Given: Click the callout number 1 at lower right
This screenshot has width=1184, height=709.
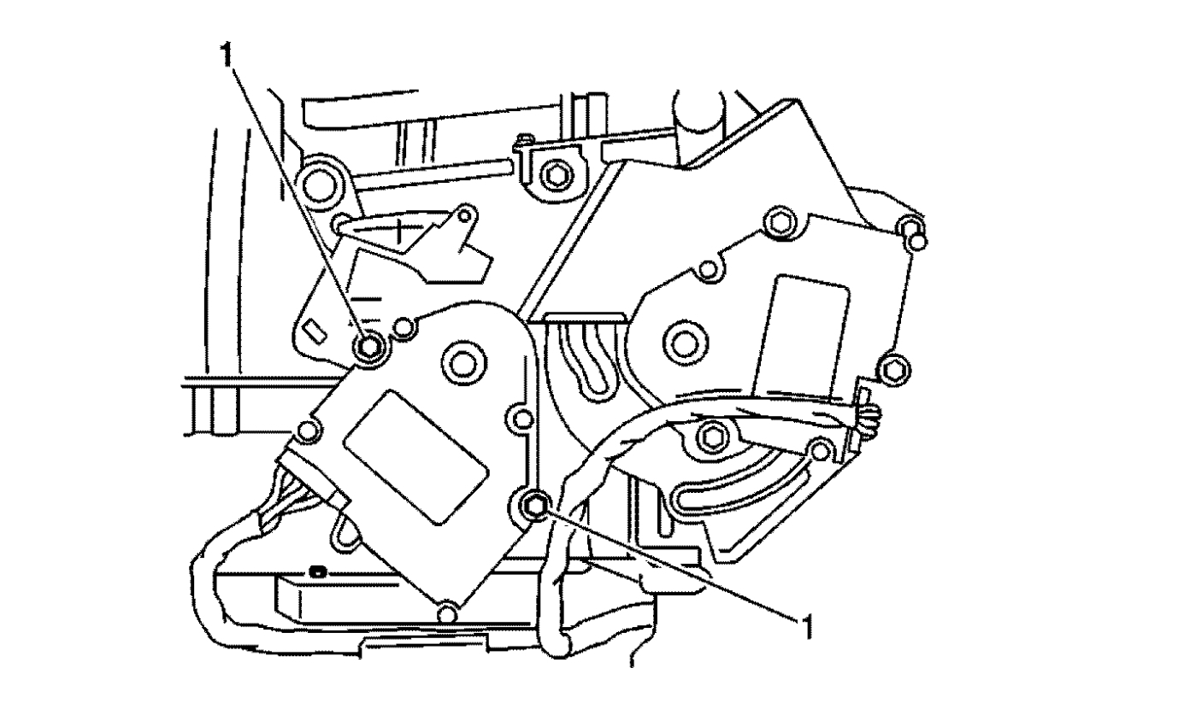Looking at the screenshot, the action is click(x=805, y=627).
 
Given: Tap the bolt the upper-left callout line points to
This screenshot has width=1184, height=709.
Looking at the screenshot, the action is click(x=369, y=347).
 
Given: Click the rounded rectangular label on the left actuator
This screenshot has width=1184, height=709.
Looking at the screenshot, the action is click(x=416, y=458).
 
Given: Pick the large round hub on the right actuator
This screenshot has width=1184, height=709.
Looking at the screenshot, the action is click(x=685, y=344).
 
